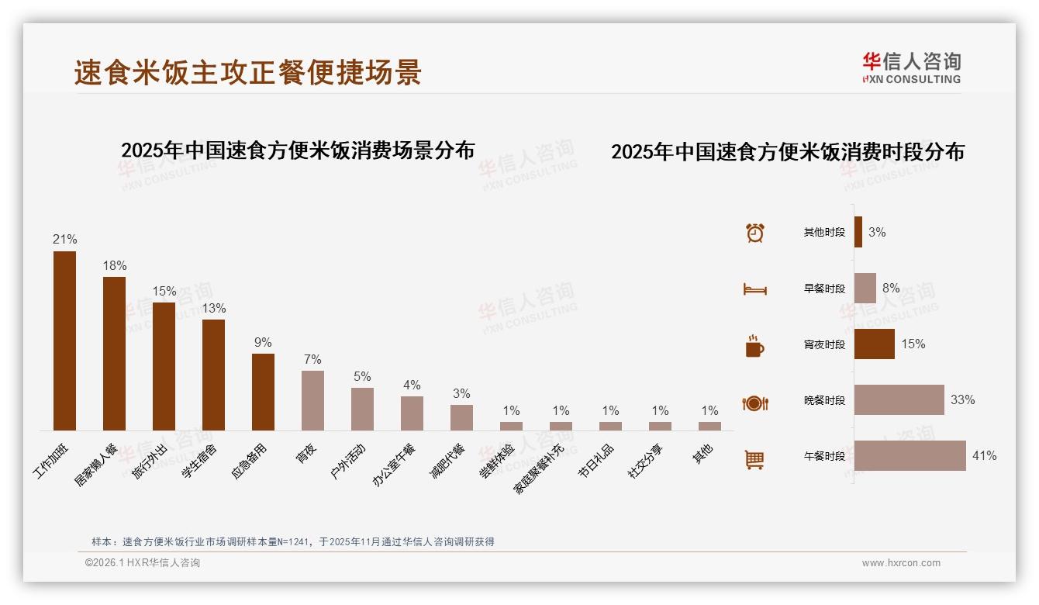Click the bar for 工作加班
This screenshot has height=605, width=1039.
click(x=64, y=341)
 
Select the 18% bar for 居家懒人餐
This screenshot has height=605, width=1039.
click(x=114, y=354)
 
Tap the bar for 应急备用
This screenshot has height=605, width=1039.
click(x=263, y=392)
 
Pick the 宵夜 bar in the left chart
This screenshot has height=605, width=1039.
click(x=312, y=400)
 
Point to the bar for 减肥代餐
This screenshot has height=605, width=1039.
click(x=461, y=417)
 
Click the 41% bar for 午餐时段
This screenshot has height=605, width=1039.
click(x=910, y=456)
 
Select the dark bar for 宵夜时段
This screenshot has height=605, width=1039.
click(x=875, y=344)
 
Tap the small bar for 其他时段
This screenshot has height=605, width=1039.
click(x=858, y=232)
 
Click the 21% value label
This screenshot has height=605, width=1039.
click(x=64, y=240)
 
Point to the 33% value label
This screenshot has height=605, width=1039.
click(x=963, y=400)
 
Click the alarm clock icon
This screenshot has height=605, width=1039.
click(x=755, y=233)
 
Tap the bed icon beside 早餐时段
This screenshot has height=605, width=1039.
click(x=755, y=289)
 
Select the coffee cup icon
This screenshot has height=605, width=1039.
click(x=754, y=346)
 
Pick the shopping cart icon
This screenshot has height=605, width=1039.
click(x=754, y=459)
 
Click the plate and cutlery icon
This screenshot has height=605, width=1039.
click(x=755, y=403)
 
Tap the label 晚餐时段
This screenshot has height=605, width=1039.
click(x=824, y=400)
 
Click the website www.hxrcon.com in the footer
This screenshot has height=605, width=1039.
click(x=901, y=563)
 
